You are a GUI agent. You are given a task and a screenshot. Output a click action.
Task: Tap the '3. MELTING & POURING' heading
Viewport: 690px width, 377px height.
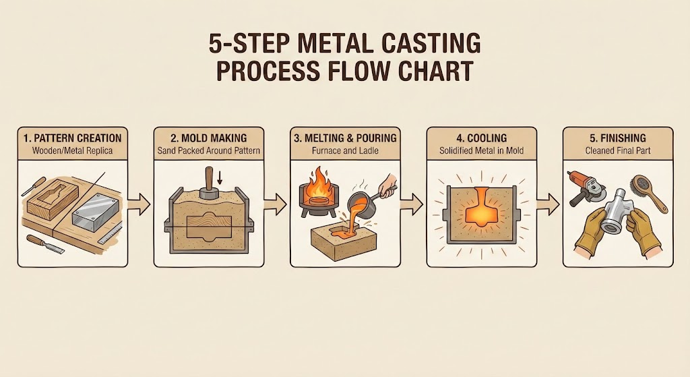pos(344,138)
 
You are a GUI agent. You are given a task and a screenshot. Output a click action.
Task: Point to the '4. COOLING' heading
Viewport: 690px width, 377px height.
pos(480,138)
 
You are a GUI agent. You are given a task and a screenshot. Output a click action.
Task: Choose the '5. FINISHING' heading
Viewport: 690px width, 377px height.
pos(617,138)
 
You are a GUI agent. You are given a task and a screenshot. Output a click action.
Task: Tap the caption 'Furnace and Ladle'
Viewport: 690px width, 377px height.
pos(344,151)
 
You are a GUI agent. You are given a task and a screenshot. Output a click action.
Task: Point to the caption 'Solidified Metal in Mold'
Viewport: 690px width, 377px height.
pos(480,151)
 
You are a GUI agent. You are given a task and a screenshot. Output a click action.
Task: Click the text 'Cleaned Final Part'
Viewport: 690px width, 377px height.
pos(617,151)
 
